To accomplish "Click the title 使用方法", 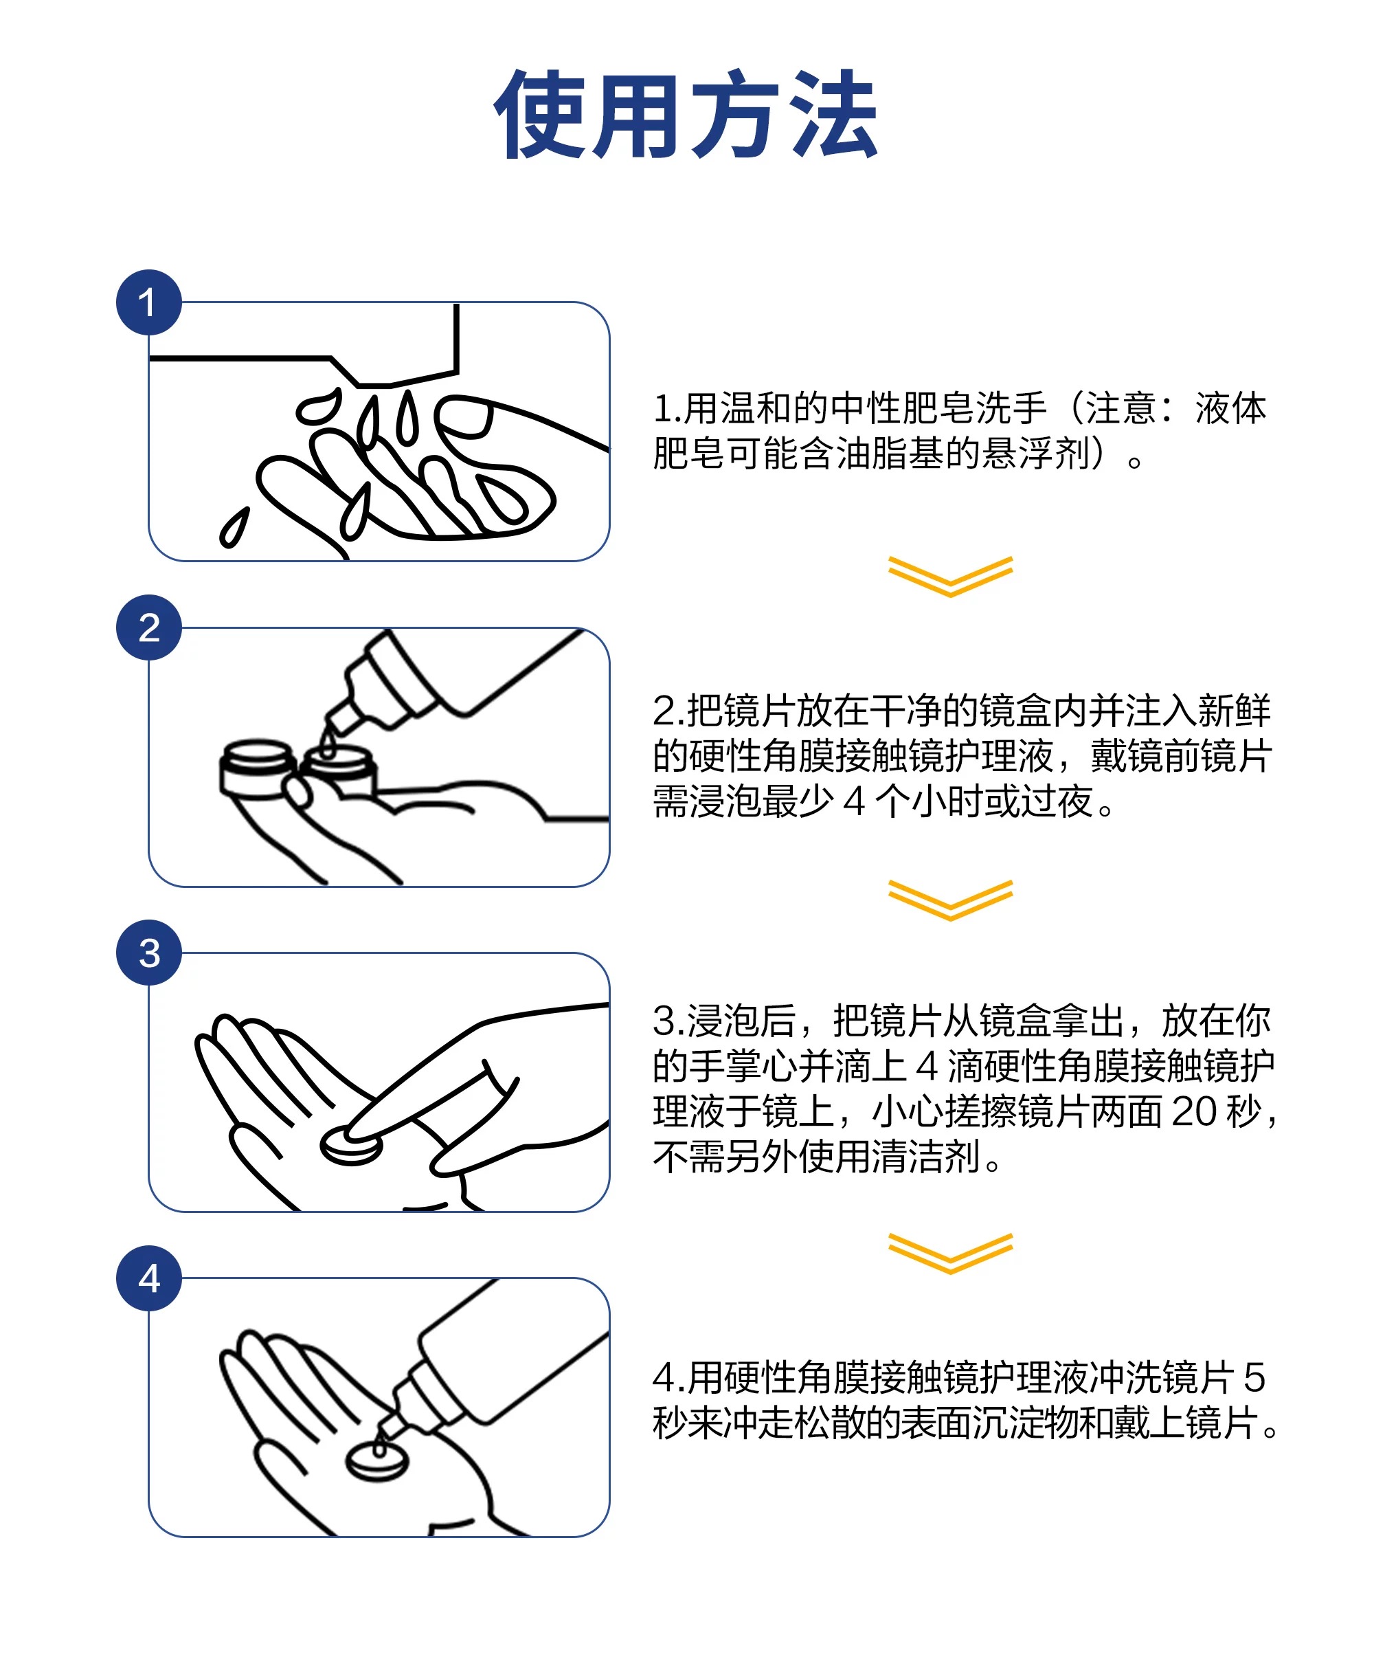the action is coord(686,114).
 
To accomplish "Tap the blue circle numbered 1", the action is coord(149,302).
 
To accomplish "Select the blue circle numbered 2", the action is coord(149,627).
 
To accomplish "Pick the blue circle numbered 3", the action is coord(149,953).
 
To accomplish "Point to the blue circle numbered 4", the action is coord(149,1278).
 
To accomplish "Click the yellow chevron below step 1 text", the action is coord(949,577).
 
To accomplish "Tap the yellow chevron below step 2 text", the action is coord(949,900).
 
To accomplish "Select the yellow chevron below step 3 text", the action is coord(949,1253).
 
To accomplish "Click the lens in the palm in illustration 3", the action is coord(350,1146).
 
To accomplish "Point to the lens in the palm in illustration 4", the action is coord(378,1461).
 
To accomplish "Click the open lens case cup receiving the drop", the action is coord(338,770).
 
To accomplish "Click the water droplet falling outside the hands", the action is coord(234,527).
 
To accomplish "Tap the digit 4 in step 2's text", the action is coord(853,802).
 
